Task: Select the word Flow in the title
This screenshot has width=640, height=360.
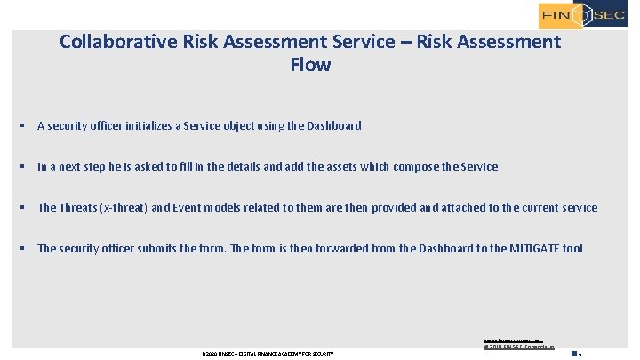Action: coord(310,65)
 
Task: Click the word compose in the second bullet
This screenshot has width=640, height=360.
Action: coord(405,167)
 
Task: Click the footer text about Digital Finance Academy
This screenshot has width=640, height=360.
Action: coord(268,354)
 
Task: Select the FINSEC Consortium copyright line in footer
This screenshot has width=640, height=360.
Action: coord(518,347)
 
